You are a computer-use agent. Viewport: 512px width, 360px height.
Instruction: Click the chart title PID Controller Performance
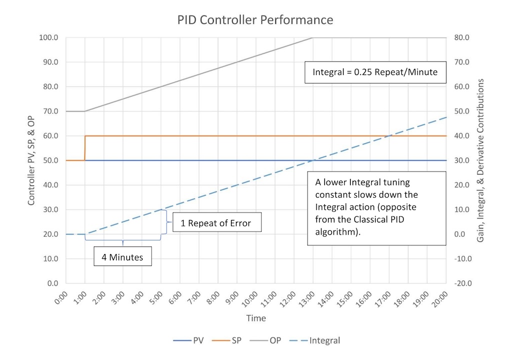[x=255, y=20]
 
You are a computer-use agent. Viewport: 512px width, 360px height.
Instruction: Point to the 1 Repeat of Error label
[x=217, y=223]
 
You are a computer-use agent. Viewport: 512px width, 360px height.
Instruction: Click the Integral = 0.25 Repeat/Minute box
[x=375, y=72]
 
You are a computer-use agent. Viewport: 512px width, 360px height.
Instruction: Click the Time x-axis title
[x=255, y=318]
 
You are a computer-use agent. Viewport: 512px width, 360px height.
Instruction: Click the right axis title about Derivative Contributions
[x=480, y=160]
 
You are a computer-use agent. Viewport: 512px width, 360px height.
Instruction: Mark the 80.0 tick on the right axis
[x=460, y=37]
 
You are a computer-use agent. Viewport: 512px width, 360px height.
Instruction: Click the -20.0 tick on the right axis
[x=460, y=283]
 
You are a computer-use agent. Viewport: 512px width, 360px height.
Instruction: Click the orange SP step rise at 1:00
[x=85, y=148]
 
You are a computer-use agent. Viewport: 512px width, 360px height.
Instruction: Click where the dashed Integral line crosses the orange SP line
[x=389, y=135]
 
